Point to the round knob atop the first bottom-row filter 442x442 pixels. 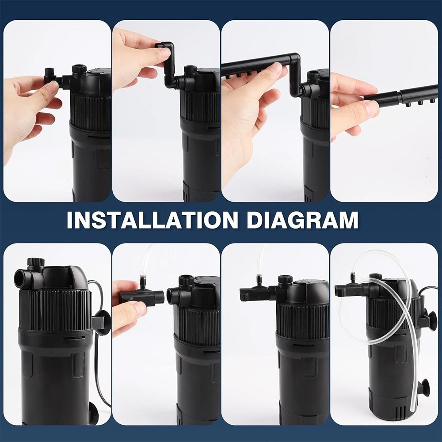35,262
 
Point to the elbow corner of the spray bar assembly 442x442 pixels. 295,57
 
